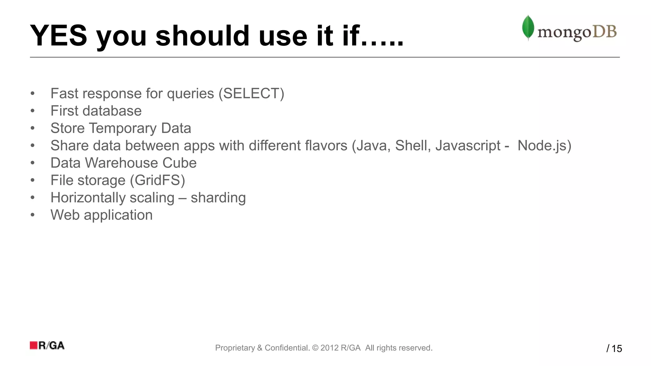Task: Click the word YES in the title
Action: pyautogui.click(x=58, y=36)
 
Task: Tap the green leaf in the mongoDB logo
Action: pyautogui.click(x=528, y=27)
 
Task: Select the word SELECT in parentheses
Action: pyautogui.click(x=251, y=93)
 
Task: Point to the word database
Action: pyautogui.click(x=112, y=111)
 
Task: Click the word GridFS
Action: pyautogui.click(x=157, y=180)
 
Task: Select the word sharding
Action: pyautogui.click(x=218, y=198)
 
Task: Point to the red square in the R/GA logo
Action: pyautogui.click(x=34, y=345)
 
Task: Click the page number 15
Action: pyautogui.click(x=617, y=349)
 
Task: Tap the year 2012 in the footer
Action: pyautogui.click(x=329, y=348)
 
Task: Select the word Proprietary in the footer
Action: pyautogui.click(x=235, y=348)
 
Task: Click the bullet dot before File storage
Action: pyautogui.click(x=32, y=180)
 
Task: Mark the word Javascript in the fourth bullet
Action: pyautogui.click(x=468, y=146)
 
